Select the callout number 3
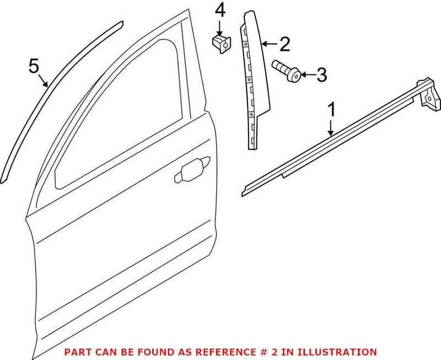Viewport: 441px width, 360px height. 321,74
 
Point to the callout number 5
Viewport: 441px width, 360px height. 34,67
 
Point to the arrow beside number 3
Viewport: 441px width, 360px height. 308,74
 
